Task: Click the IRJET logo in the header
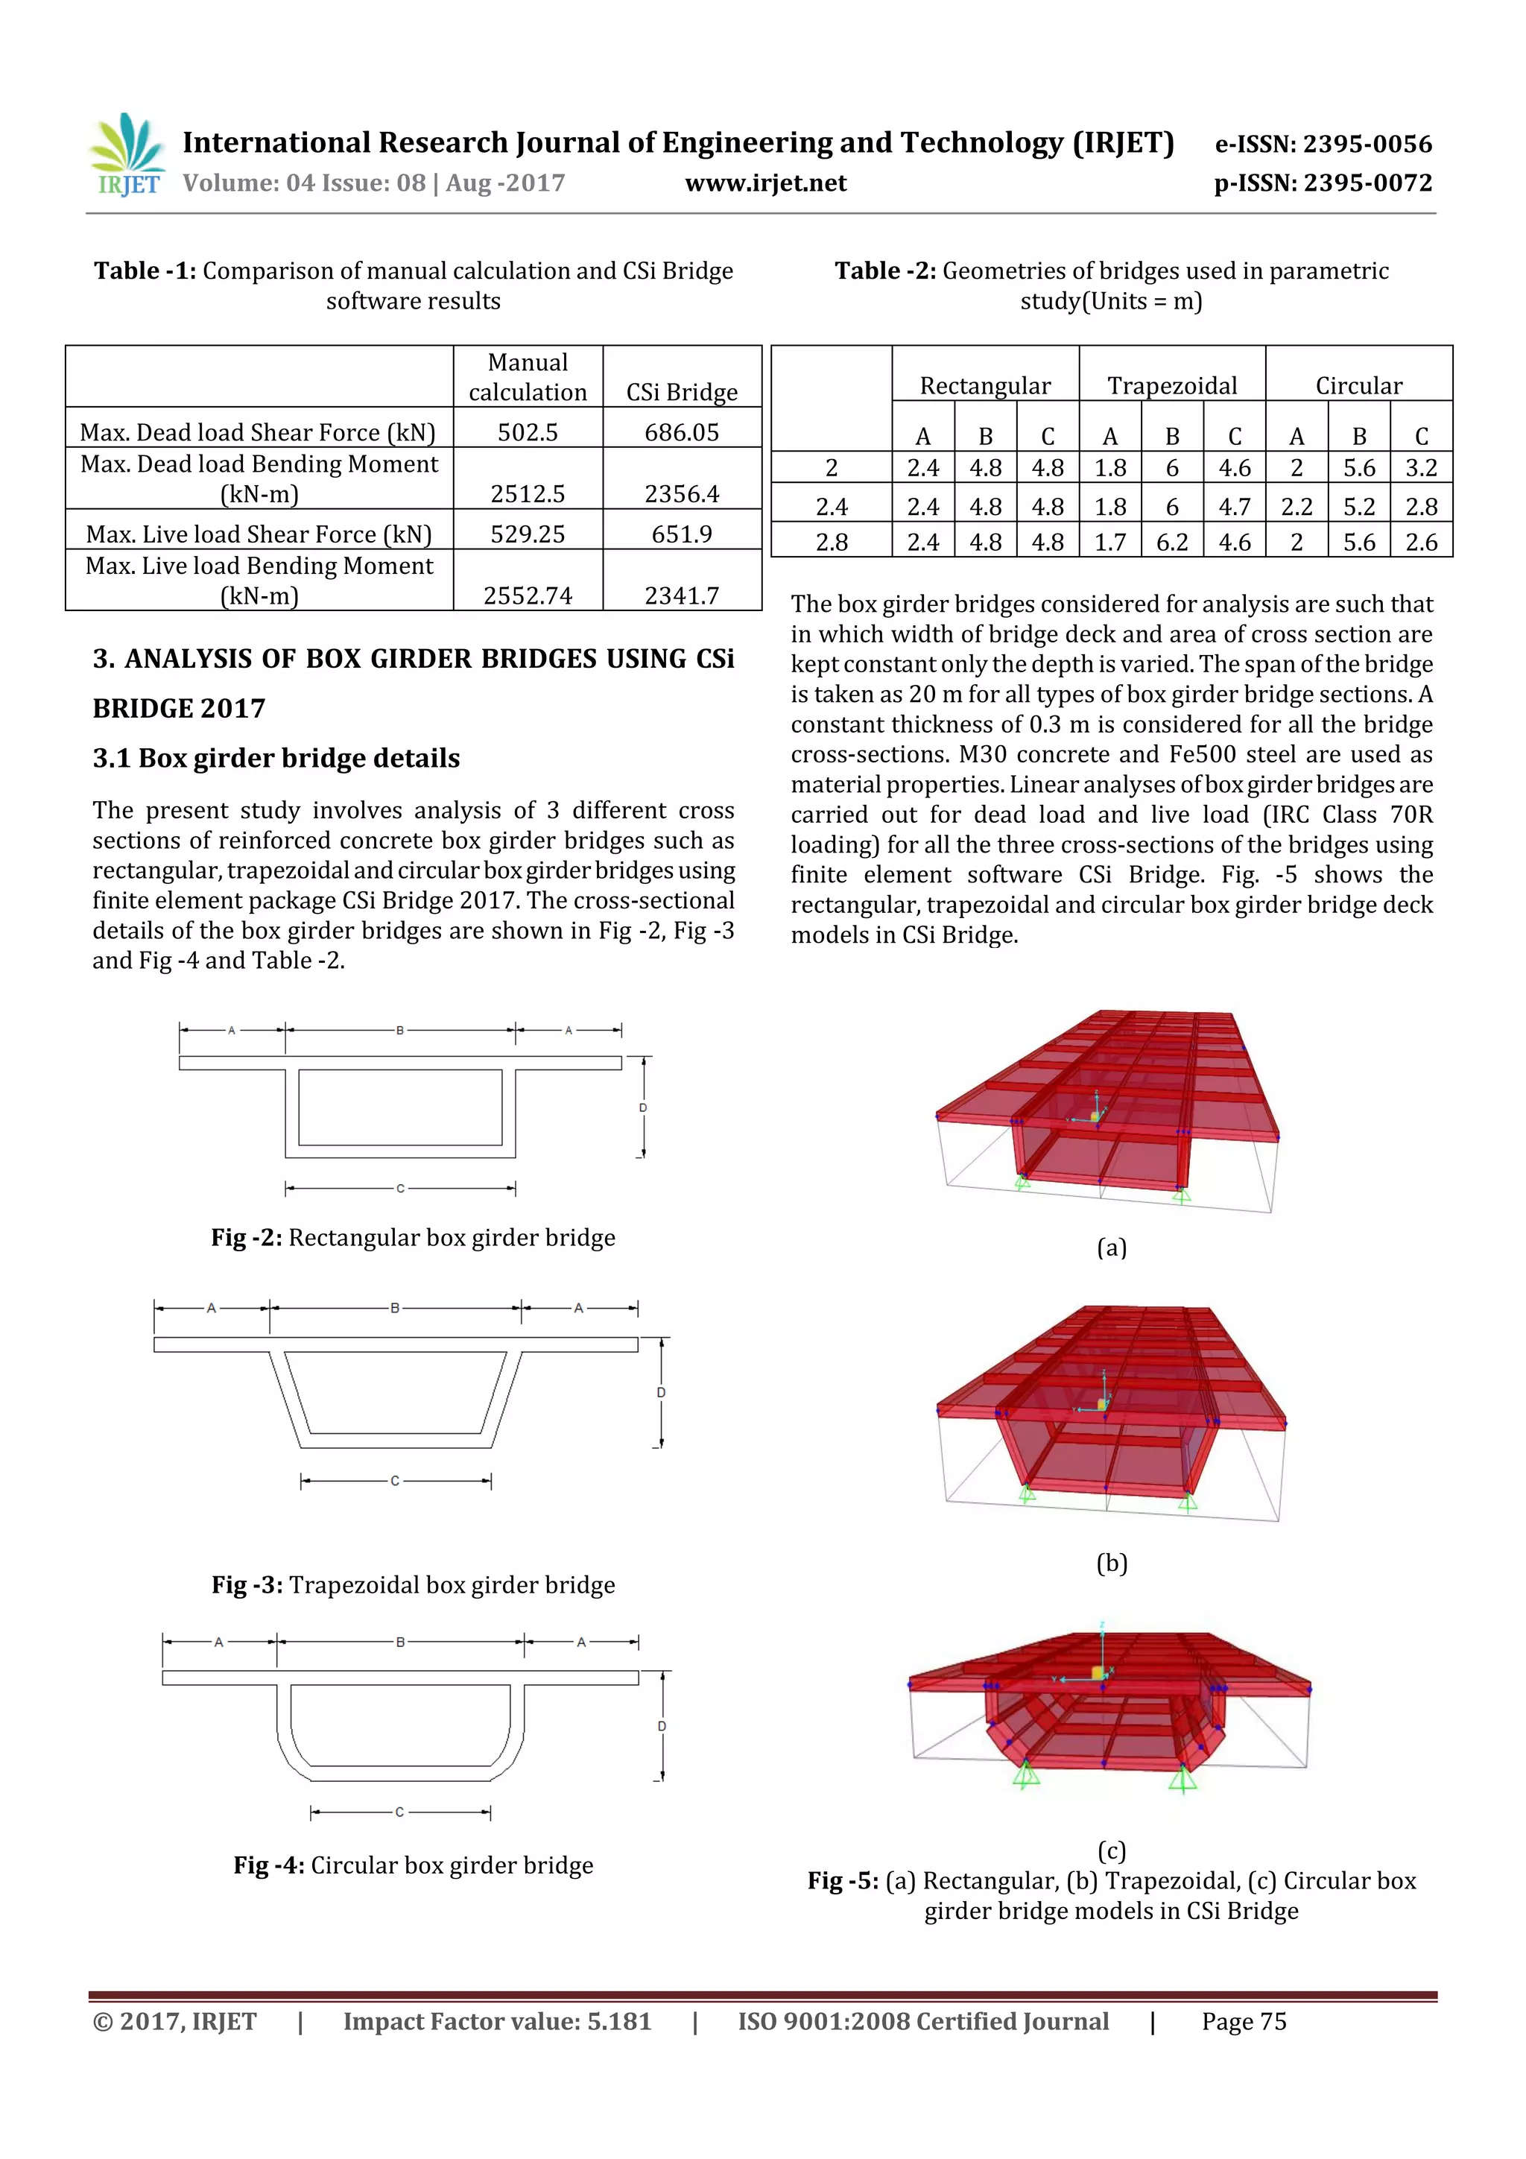(127, 155)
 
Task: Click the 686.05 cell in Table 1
(682, 432)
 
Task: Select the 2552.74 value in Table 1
(528, 595)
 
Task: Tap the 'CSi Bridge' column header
(682, 392)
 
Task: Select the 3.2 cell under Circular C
(1421, 468)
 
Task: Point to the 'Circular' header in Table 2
(1358, 385)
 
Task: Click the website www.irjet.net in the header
(765, 183)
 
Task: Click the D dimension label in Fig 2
(643, 1107)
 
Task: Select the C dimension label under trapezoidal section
(395, 1481)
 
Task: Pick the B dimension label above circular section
(401, 1642)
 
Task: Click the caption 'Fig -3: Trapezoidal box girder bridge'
(413, 1584)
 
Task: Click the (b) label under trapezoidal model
(1112, 1563)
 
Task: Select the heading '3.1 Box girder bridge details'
(276, 758)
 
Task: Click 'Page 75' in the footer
(1243, 2022)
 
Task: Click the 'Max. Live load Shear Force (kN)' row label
(259, 534)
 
